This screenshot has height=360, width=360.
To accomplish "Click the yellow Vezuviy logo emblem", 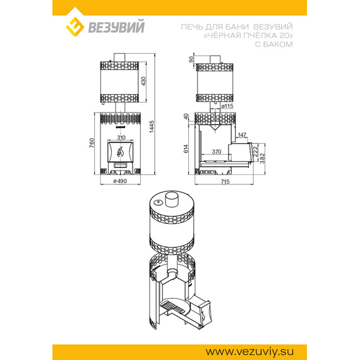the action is (x=75, y=27).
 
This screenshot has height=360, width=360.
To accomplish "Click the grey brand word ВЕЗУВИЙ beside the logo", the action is (x=116, y=27).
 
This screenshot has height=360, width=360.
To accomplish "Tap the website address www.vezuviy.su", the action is (x=249, y=352).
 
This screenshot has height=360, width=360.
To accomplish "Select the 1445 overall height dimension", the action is (x=152, y=127).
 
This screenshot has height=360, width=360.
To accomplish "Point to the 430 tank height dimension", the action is (x=143, y=81).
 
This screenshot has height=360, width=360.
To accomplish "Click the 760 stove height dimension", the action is (x=92, y=143).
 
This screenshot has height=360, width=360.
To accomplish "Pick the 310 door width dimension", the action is (x=121, y=138).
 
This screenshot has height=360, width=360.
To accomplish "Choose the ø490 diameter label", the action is (x=120, y=181).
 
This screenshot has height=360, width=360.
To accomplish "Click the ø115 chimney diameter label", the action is (x=227, y=106).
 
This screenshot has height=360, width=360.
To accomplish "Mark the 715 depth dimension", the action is (x=225, y=182).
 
